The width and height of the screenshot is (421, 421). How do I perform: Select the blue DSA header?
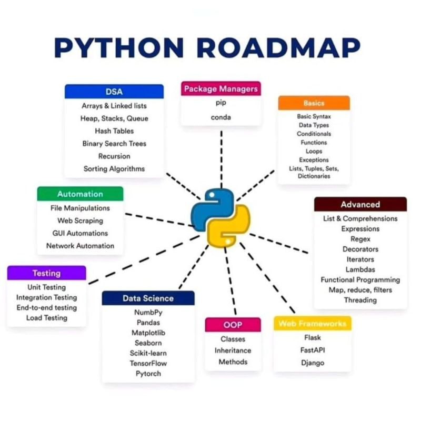114,92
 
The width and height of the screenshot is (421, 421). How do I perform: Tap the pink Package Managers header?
221,89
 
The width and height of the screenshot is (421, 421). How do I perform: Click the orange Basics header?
314,103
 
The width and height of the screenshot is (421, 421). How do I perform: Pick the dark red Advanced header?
360,205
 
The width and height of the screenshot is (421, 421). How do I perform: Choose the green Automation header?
80,194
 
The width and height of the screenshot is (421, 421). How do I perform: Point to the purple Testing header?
46,273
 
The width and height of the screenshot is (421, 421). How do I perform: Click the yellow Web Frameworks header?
312,323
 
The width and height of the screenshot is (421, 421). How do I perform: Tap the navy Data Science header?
148,298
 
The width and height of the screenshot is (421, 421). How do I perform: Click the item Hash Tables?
114,131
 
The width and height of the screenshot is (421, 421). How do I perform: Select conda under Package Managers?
221,117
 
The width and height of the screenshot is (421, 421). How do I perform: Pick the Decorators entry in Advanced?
360,249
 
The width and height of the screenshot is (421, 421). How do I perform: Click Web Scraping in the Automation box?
80,221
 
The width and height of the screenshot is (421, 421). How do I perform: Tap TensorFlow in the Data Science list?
148,363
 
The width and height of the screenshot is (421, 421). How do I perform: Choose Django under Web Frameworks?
313,363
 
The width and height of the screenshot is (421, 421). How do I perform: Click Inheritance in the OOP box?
233,350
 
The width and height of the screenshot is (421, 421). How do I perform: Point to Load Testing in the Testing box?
46,318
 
